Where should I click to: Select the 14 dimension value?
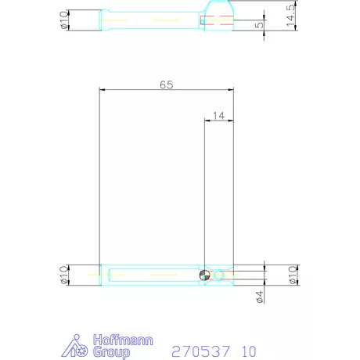click(x=218, y=115)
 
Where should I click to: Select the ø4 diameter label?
click(x=259, y=296)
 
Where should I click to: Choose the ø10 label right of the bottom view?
click(x=292, y=275)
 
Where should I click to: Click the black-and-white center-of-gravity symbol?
click(x=204, y=275)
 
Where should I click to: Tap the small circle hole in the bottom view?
click(x=219, y=275)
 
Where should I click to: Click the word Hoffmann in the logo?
click(x=123, y=340)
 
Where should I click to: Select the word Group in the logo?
click(x=113, y=353)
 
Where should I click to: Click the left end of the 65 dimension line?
click(x=100, y=90)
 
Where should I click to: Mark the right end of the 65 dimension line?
click(x=234, y=90)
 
